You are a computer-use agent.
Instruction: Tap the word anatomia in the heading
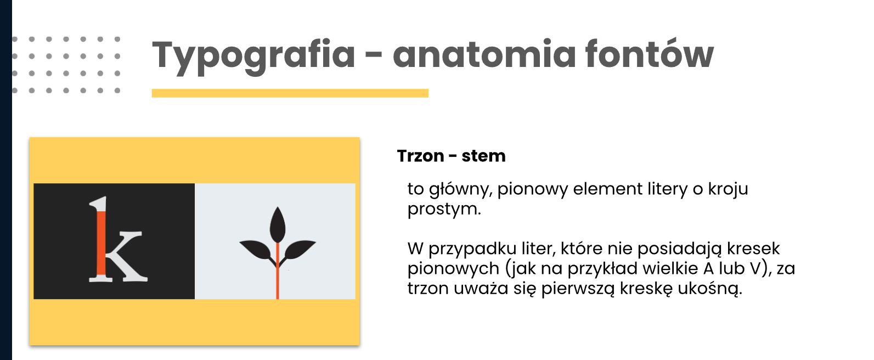484,54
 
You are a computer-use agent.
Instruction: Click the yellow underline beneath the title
290,93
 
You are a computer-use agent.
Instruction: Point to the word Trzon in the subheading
421,156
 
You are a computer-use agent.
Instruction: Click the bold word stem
483,156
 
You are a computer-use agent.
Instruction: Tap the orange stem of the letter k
101,243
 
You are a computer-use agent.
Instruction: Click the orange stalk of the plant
278,271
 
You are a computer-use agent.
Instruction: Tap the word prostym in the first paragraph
444,210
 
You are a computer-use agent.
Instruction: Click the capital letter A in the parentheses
708,269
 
